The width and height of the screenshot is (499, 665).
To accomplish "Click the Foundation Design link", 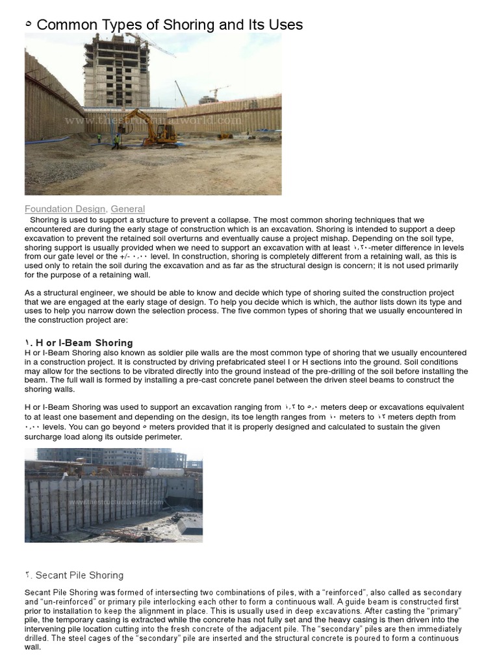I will [65, 208].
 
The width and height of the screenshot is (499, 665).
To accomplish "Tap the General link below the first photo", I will [127, 208].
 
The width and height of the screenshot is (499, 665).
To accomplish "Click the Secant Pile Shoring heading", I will [79, 575].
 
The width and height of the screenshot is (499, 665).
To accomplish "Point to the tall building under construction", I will [117, 71].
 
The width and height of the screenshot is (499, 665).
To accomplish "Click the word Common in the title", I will [65, 25].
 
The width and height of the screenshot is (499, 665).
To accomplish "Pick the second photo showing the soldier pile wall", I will [114, 495].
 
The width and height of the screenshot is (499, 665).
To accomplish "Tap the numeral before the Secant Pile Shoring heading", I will [28, 575].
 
